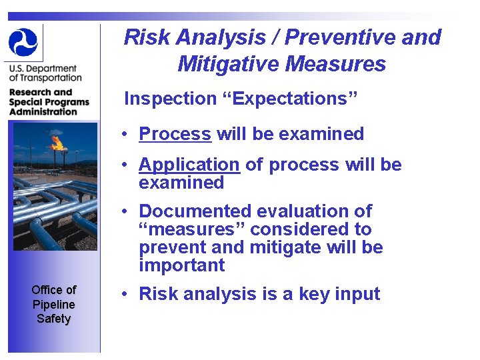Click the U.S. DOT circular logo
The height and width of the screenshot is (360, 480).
click(x=24, y=42)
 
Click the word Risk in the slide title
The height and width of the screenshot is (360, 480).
click(x=145, y=37)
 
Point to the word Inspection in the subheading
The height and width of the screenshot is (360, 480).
click(x=170, y=99)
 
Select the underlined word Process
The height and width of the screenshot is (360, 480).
click(x=175, y=134)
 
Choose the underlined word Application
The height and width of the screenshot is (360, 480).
click(x=189, y=165)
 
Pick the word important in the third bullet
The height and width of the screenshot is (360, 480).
click(x=181, y=265)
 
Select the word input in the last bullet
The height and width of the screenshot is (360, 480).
click(x=358, y=294)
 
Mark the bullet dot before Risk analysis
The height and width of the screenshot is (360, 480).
click(x=125, y=294)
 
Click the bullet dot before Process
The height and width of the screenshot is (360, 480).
click(x=125, y=134)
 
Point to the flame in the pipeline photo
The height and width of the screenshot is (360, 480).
click(x=57, y=141)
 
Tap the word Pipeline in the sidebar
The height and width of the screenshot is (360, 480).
click(x=53, y=304)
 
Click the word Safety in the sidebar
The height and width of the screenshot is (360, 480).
click(x=53, y=319)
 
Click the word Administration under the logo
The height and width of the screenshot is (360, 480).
click(x=43, y=111)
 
